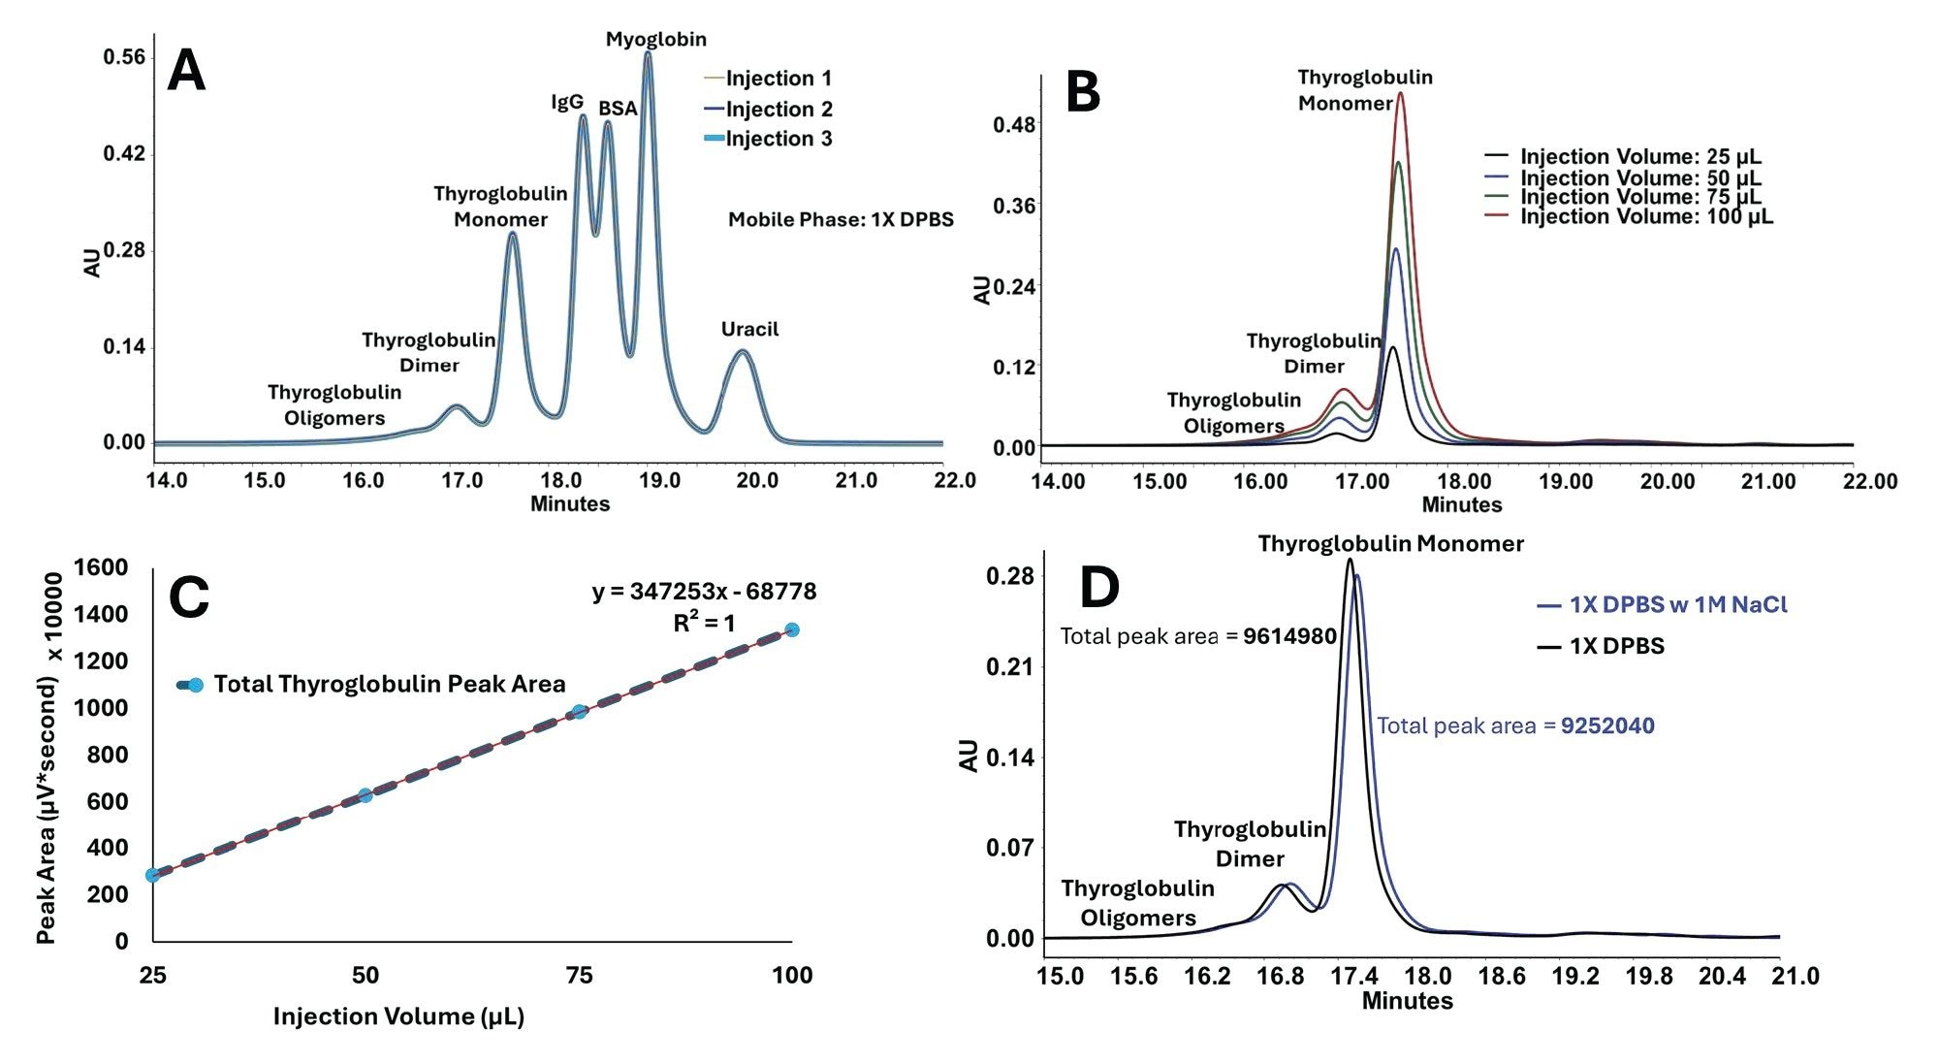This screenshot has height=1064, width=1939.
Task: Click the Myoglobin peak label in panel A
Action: click(x=655, y=40)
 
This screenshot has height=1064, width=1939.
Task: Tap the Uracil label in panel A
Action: click(x=749, y=329)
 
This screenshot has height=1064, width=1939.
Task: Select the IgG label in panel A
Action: click(x=567, y=102)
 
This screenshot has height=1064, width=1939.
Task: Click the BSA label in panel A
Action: click(x=618, y=109)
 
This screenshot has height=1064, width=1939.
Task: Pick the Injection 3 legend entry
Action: click(x=778, y=139)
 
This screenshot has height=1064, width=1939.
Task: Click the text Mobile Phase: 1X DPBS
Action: click(x=841, y=219)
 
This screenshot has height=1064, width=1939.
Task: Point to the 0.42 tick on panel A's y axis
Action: click(x=124, y=153)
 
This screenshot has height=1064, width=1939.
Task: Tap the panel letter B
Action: click(x=1082, y=93)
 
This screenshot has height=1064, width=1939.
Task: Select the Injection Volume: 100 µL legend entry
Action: click(x=1645, y=216)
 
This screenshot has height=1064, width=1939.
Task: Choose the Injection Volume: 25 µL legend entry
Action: click(x=1639, y=157)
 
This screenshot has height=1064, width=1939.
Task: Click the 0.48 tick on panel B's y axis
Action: click(x=1013, y=125)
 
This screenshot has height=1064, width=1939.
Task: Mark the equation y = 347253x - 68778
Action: click(x=704, y=592)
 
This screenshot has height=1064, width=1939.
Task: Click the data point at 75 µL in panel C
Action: click(x=579, y=712)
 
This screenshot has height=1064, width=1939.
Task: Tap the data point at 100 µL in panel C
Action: click(x=792, y=630)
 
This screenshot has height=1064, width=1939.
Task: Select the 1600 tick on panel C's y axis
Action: click(x=108, y=567)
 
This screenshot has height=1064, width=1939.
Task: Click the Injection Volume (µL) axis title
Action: click(x=398, y=1016)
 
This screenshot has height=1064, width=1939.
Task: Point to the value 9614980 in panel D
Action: click(x=1289, y=636)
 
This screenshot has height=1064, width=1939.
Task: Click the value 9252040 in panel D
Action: click(x=1606, y=725)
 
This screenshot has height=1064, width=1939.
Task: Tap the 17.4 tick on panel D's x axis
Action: click(x=1353, y=976)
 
